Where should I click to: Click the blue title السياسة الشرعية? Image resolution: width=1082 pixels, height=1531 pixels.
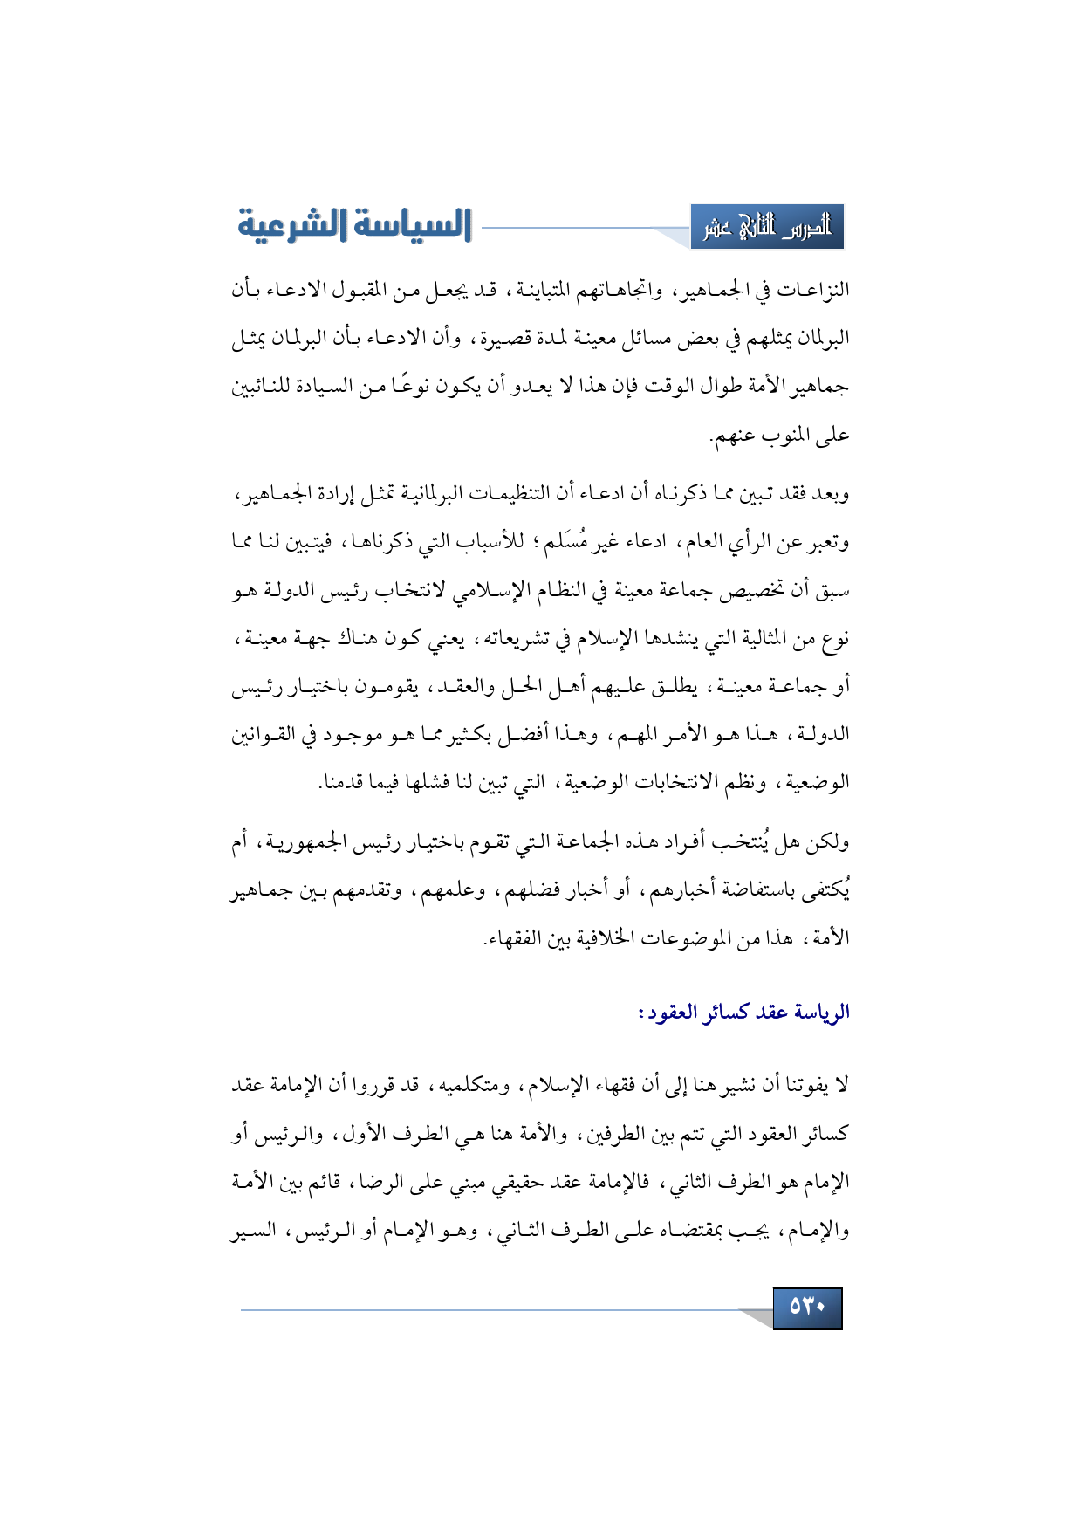(x=354, y=225)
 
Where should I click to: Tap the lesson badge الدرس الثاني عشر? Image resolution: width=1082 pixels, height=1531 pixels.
(x=767, y=227)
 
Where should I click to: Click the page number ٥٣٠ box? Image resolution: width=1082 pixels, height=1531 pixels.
(x=807, y=1307)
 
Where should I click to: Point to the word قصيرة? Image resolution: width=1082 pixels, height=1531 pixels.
(x=505, y=338)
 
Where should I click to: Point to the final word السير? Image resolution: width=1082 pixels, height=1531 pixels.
(x=253, y=1231)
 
